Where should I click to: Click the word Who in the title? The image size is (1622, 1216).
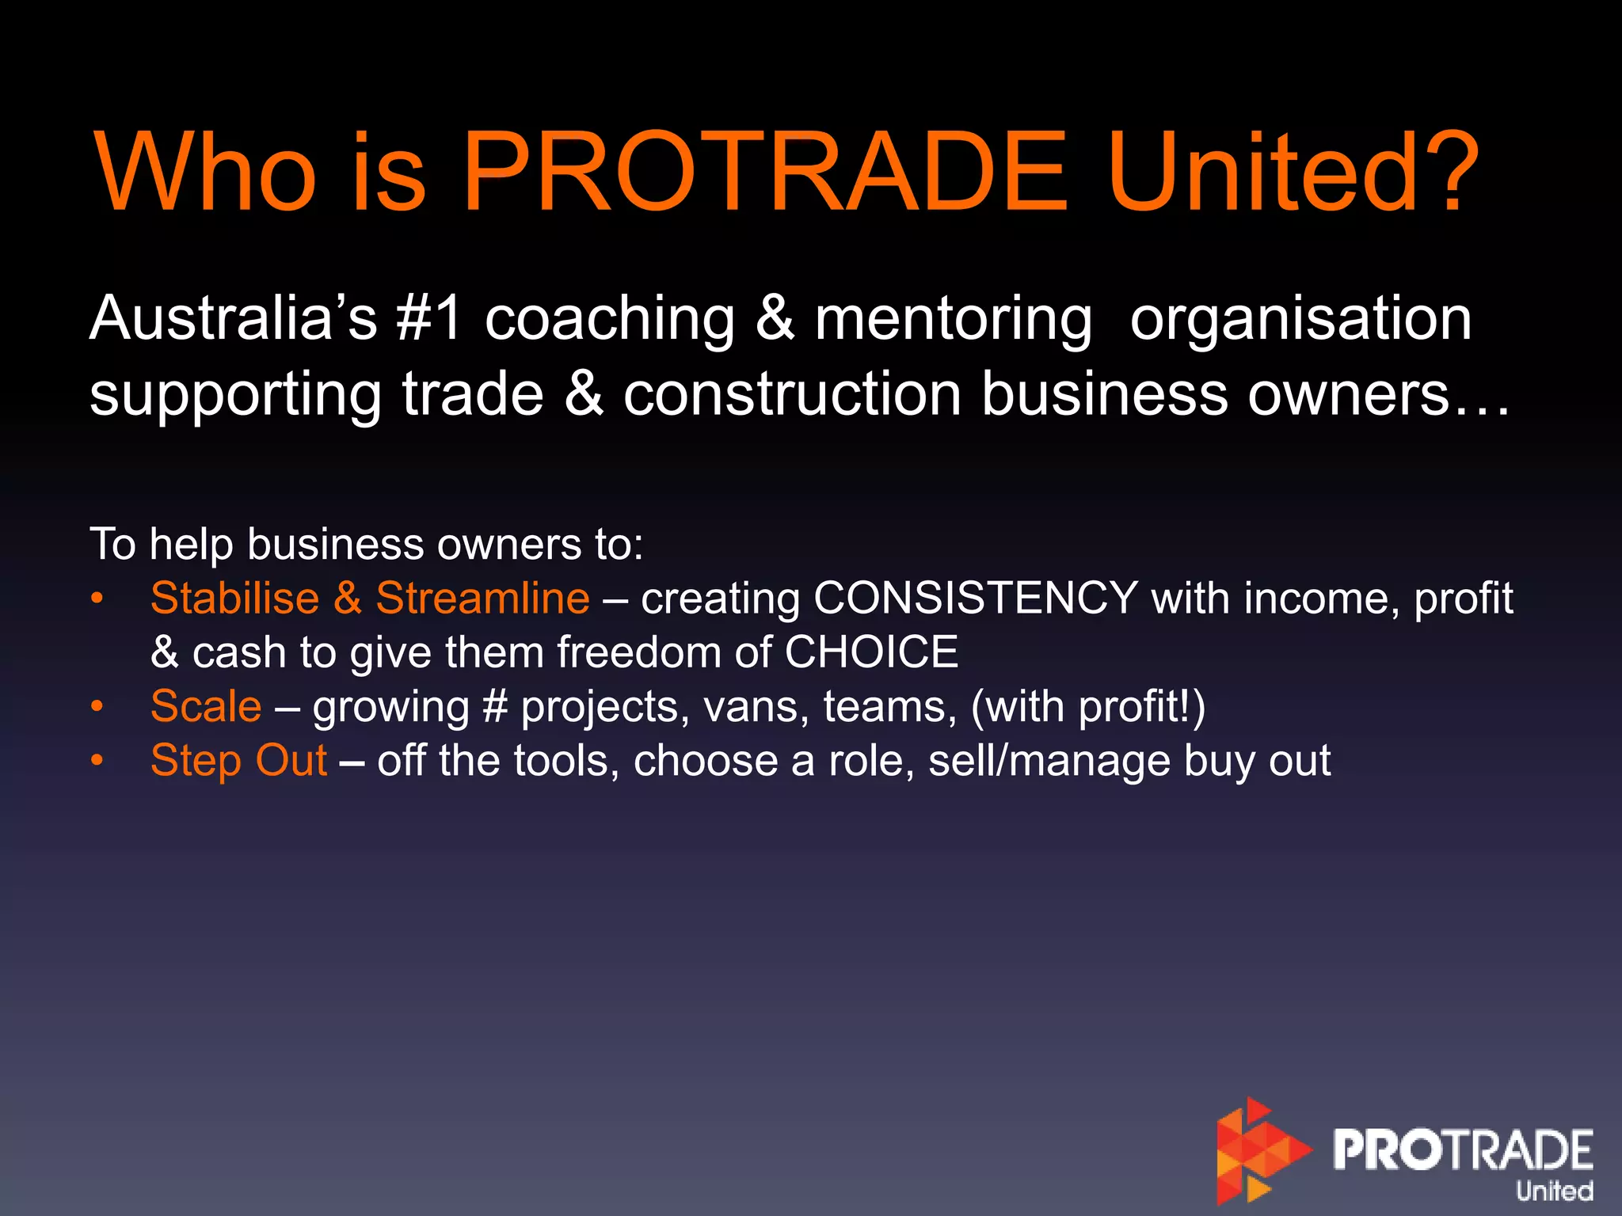[x=204, y=172]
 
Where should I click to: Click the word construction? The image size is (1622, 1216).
[x=792, y=394]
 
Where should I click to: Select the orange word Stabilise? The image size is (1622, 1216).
[x=234, y=598]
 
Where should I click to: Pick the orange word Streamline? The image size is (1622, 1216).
[x=482, y=598]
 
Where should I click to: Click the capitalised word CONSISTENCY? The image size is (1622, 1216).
[x=976, y=598]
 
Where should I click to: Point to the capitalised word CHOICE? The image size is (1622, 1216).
[x=871, y=652]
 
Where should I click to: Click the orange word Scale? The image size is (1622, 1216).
[x=206, y=706]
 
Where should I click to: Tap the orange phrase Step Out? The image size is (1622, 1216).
[x=238, y=761]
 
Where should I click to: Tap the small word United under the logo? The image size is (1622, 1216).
[x=1554, y=1191]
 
